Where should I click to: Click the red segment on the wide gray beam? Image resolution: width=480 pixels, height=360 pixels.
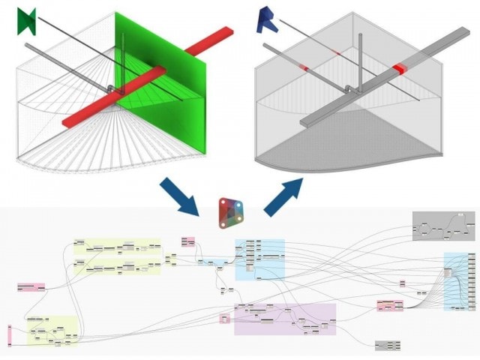400,69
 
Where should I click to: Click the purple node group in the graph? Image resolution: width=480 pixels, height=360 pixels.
285,319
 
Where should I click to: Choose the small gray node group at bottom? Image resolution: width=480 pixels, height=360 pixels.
387,345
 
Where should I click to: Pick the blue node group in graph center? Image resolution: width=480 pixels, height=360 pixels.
259,259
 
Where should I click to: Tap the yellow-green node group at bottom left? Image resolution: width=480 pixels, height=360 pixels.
52,329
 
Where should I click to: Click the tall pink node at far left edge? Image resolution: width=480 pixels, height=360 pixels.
10,336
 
